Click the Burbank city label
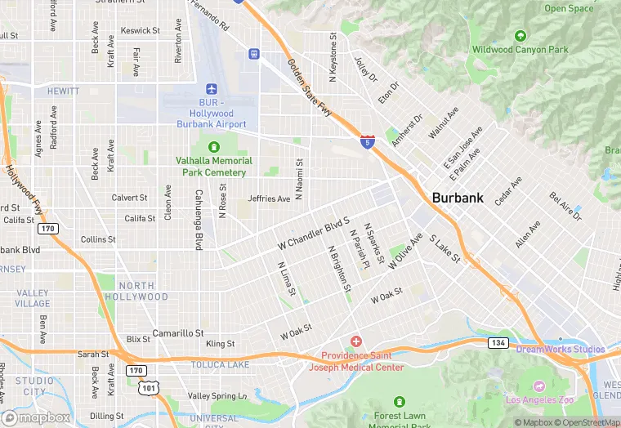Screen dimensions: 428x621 pos(457,198)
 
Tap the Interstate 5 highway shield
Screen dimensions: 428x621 pos(369,142)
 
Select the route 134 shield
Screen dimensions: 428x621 pos(497,342)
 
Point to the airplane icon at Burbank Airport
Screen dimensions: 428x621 pos(212,88)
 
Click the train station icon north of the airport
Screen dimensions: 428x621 pos(254,54)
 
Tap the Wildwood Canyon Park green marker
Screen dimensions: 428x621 pos(520,36)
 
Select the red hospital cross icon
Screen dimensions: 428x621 pos(355,341)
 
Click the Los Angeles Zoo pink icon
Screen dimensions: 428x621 pos(538,386)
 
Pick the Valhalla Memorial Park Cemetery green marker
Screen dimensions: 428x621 pos(214,147)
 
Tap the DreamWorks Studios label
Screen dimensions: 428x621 pos(561,350)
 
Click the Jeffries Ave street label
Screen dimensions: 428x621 pos(270,198)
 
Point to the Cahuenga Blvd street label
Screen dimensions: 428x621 pos(199,219)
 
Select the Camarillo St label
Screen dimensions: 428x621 pos(177,333)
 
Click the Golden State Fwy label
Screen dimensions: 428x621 pos(310,87)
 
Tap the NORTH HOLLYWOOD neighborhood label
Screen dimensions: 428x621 pos(142,292)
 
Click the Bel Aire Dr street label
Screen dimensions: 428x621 pos(565,207)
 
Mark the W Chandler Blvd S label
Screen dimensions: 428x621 pos(314,233)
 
